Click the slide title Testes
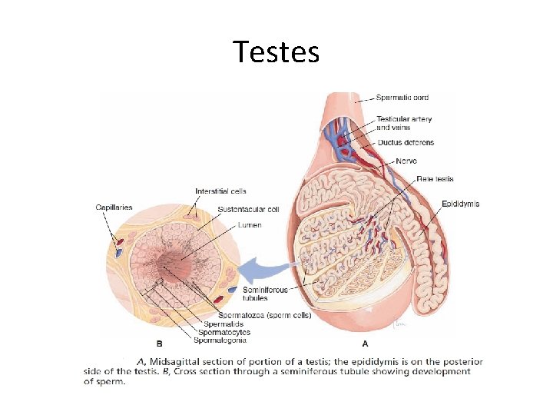point(276,52)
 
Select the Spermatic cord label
point(402,98)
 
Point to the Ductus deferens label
point(405,142)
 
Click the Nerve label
point(406,161)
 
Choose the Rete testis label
point(435,179)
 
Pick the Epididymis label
point(460,204)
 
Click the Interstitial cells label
point(220,191)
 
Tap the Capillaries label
point(114,206)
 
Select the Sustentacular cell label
point(249,209)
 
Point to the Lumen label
point(250,225)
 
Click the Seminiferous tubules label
point(265,294)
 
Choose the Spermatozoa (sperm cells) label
point(265,315)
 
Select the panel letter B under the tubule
point(159,343)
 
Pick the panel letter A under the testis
point(363,344)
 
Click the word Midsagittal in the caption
point(181,361)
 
